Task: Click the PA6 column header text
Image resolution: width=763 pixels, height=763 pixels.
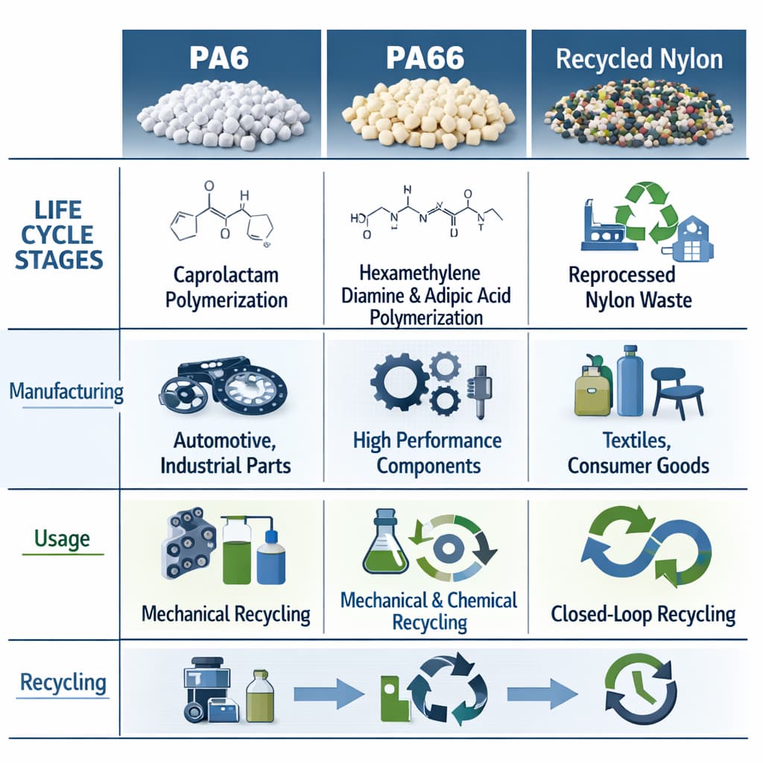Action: point(218,58)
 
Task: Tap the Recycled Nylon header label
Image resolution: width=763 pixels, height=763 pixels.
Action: point(639,60)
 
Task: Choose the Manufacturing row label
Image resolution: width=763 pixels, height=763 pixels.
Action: point(66,391)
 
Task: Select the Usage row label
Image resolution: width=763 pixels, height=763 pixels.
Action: point(62,538)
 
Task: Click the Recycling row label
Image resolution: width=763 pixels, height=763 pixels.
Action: point(63,682)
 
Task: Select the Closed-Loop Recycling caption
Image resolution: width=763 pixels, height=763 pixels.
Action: point(643,614)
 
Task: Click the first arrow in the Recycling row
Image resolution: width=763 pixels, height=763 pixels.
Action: point(329,694)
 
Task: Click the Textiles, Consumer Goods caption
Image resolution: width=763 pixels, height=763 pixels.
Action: point(639,452)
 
